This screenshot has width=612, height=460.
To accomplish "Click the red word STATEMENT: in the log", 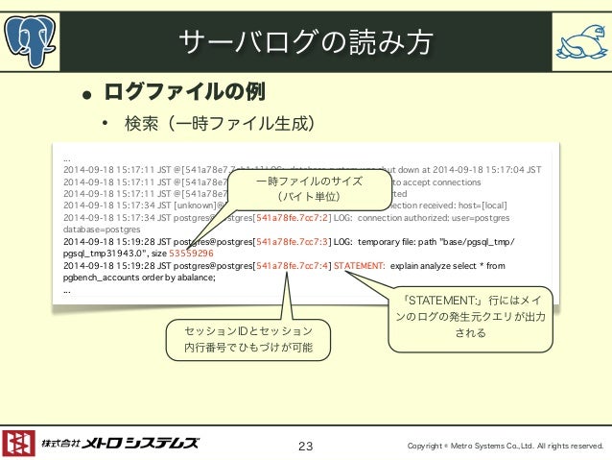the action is [360, 265].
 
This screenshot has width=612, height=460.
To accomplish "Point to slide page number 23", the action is [306, 446].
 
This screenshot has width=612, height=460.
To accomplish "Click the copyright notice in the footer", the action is [505, 446].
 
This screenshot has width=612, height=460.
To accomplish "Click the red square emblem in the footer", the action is [18, 443].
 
